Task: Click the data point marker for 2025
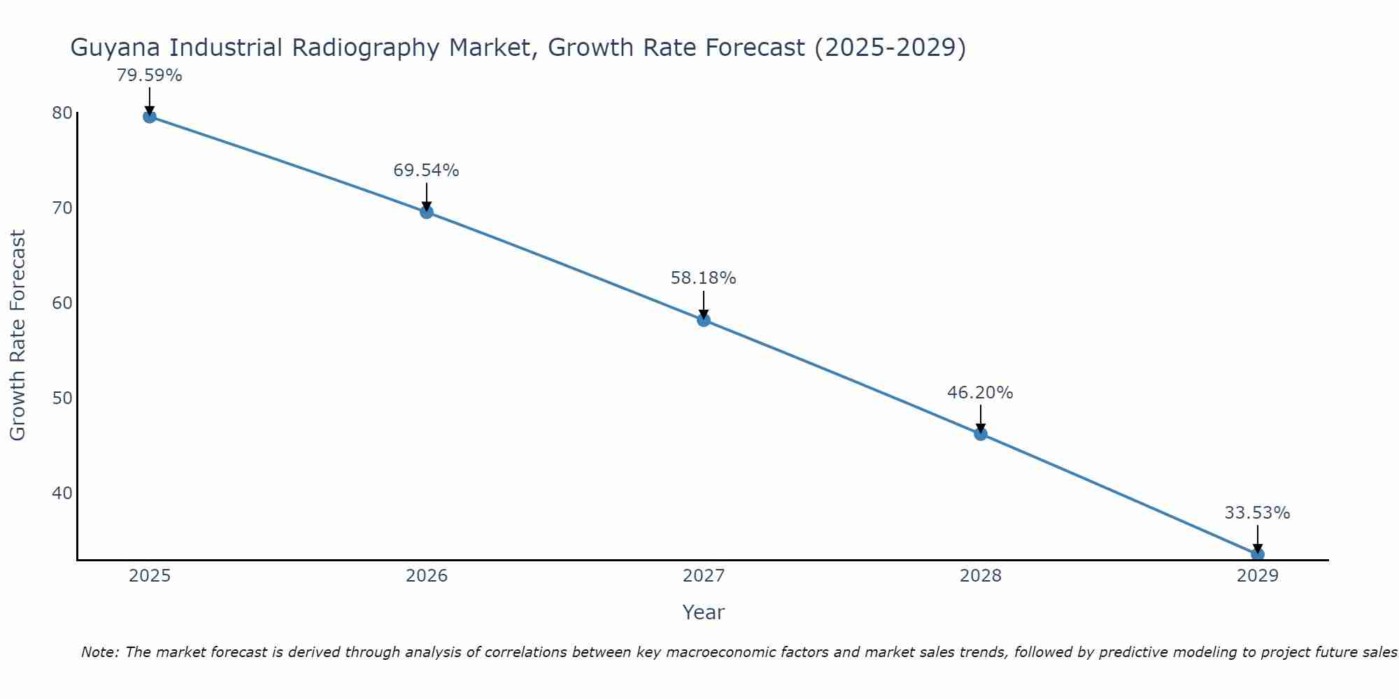pos(150,117)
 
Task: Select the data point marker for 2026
pos(427,212)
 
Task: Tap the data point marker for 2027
pos(704,320)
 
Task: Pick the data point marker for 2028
pos(981,434)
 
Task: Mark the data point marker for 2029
pos(1258,554)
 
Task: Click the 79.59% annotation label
pos(150,75)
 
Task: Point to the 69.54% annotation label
pos(426,171)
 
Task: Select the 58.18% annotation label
pos(703,278)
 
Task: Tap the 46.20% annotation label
pos(980,393)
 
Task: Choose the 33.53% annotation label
pos(1257,513)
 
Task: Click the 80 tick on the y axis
pos(62,113)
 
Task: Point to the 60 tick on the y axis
pos(62,303)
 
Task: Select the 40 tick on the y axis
pos(62,493)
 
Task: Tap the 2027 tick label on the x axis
pos(704,576)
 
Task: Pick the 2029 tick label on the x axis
pos(1258,576)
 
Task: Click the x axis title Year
pos(704,612)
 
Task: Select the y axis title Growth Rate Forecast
pos(18,336)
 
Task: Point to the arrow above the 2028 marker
pos(981,418)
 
